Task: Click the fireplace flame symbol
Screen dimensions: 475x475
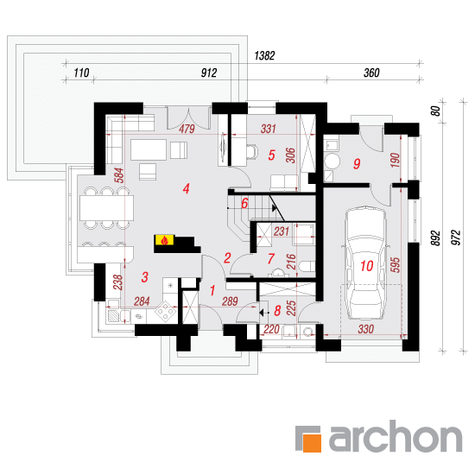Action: (x=164, y=240)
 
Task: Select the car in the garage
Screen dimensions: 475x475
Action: (x=365, y=263)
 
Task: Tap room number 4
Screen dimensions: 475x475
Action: (x=186, y=188)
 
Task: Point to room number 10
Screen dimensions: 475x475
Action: (x=366, y=266)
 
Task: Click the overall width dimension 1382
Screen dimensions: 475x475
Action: (x=264, y=56)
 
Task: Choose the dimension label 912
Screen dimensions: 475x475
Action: (x=209, y=73)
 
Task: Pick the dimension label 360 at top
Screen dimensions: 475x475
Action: (x=371, y=73)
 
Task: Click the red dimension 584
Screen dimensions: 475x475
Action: (x=120, y=175)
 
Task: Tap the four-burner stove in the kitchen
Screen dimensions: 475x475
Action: (x=166, y=312)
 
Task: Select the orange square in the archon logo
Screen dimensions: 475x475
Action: (x=312, y=443)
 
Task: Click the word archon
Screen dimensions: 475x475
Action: (x=396, y=436)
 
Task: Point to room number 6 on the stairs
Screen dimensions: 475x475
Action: (x=244, y=203)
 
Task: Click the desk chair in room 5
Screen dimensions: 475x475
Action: (x=251, y=151)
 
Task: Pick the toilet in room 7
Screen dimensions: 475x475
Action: (x=307, y=267)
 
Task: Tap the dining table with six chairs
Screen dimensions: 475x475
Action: (x=106, y=207)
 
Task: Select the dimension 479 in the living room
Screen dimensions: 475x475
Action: (x=187, y=129)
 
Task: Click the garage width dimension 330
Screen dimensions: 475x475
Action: (x=365, y=329)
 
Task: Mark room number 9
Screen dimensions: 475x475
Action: (x=357, y=163)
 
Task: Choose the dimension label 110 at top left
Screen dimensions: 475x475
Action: (x=81, y=73)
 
